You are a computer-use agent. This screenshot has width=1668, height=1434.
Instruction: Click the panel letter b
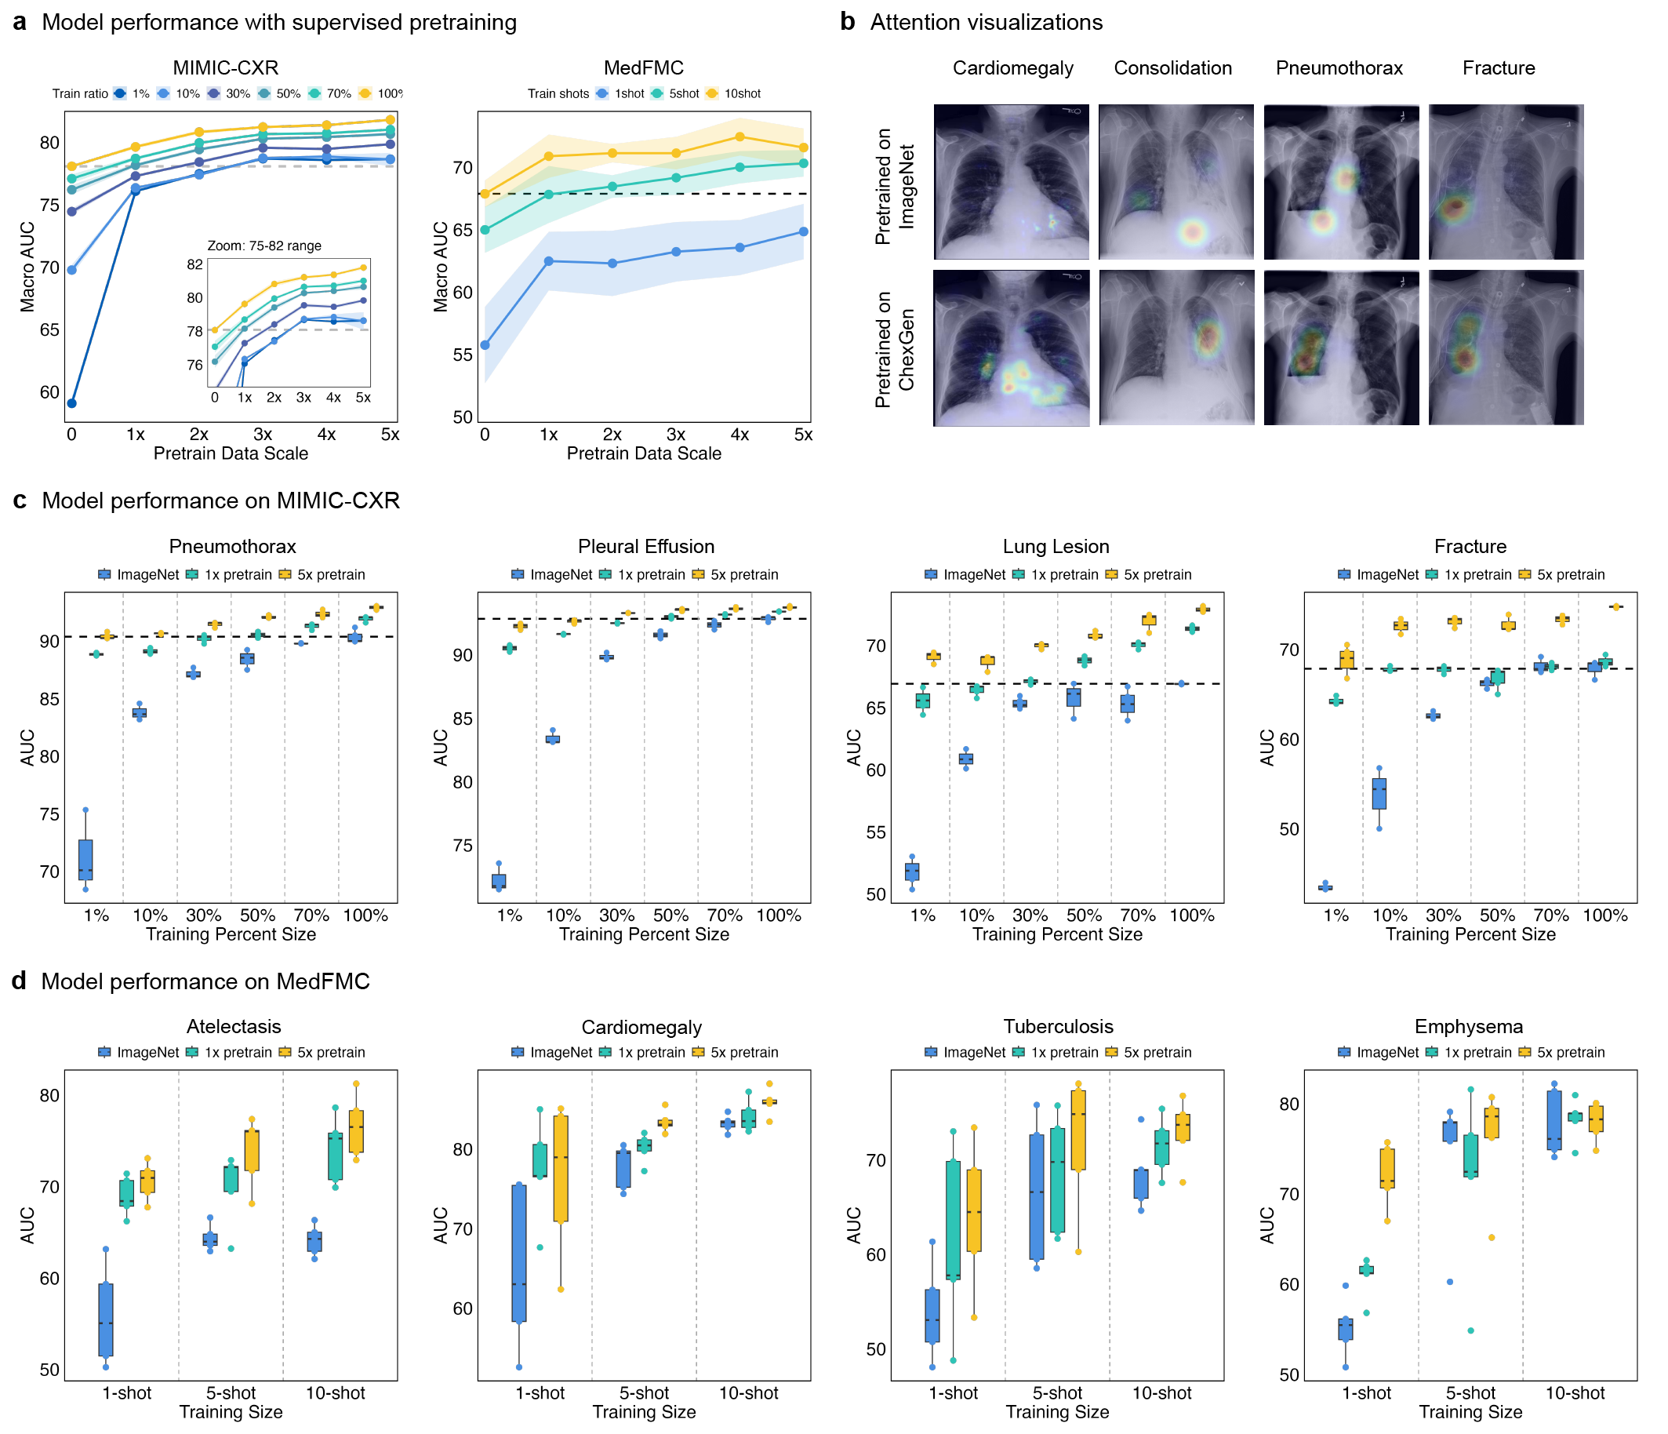[x=847, y=22]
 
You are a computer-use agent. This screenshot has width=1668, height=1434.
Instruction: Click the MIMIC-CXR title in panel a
[x=225, y=67]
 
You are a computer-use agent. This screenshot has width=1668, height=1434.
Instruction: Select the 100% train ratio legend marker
[x=365, y=93]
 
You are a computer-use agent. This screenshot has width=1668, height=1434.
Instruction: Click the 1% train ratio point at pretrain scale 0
[x=71, y=402]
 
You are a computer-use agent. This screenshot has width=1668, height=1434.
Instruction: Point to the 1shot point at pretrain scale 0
[x=485, y=344]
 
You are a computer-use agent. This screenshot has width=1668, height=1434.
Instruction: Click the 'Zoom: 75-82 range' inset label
[x=264, y=246]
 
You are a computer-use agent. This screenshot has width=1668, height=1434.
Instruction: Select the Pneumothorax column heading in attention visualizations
[x=1339, y=67]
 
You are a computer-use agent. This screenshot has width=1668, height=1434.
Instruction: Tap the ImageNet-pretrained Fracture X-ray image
[x=1506, y=181]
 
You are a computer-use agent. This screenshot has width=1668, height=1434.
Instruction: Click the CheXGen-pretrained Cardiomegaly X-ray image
[x=1010, y=347]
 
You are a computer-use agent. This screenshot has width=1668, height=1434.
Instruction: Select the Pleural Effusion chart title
[x=645, y=546]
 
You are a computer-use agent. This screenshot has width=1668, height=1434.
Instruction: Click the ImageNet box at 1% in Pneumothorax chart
[x=85, y=859]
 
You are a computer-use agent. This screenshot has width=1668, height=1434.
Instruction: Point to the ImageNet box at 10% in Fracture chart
[x=1379, y=793]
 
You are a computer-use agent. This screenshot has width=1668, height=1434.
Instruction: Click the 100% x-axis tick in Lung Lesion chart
[x=1191, y=915]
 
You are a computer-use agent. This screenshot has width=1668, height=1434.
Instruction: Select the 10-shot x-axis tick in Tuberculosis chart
[x=1161, y=1392]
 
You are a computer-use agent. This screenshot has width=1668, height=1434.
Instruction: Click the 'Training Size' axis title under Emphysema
[x=1470, y=1411]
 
